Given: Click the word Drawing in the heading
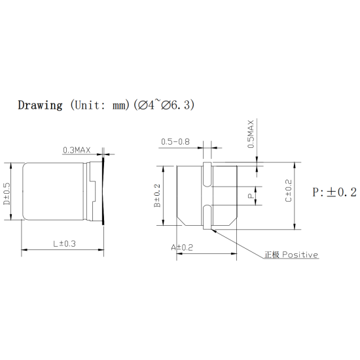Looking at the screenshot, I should (40, 105).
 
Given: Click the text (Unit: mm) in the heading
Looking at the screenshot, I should (99, 105).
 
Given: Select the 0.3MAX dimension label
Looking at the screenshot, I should (76, 150).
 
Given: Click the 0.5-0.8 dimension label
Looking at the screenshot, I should (175, 141).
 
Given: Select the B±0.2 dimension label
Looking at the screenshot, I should (158, 195).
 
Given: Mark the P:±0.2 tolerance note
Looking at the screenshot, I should (333, 192).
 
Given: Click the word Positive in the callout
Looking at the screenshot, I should (300, 255).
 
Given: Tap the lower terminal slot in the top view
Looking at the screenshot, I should (207, 216).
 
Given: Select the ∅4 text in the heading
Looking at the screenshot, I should (146, 105).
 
